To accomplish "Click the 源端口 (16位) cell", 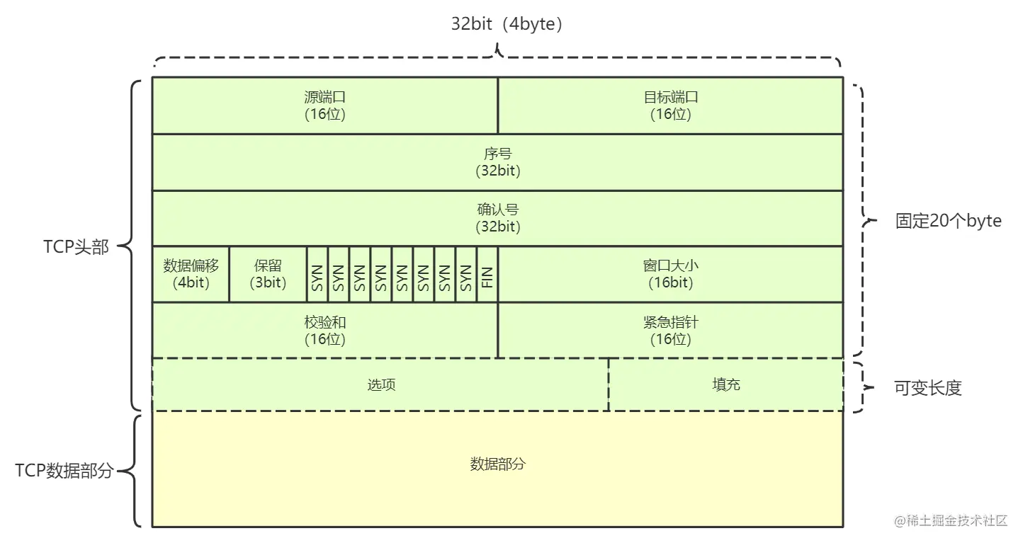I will tap(325, 105).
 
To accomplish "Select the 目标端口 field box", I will tap(670, 105).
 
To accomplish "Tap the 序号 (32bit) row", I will tap(497, 162).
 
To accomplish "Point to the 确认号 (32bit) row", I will tap(497, 218).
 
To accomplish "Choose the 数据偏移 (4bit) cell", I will tap(191, 274).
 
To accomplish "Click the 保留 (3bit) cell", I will tap(268, 274).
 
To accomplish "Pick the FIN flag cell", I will tap(487, 274).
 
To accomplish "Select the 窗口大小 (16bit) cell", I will tap(670, 274).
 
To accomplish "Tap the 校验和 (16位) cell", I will tap(325, 331).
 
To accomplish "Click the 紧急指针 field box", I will tap(670, 331).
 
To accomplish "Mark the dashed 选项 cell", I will tap(380, 384).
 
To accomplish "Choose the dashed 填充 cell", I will tap(725, 384).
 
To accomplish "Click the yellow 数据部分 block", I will tap(497, 464).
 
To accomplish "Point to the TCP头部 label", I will tap(76, 247).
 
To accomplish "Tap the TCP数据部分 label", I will tap(64, 471).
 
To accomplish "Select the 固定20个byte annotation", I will tap(949, 221).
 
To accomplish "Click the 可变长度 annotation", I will tap(927, 388).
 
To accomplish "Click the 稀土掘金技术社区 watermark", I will tap(950, 521).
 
